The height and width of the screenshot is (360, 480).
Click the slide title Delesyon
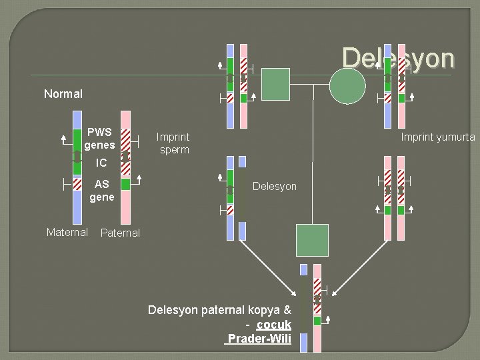pos(398,58)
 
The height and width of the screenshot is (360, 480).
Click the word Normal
pos(63,94)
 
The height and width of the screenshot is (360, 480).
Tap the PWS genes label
pos(100,138)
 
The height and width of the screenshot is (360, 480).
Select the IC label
pos(101,163)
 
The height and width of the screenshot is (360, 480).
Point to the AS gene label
pos(102,191)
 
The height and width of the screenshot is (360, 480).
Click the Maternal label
pos(67,232)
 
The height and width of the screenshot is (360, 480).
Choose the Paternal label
pos(120,233)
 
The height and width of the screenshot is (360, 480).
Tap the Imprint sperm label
pos(173,143)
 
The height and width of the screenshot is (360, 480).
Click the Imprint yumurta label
pos(437,137)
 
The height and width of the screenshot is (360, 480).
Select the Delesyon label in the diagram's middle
pos(275,186)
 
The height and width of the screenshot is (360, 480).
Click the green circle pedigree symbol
pos(348,86)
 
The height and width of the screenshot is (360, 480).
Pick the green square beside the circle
pos(275,83)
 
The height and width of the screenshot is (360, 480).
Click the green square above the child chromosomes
pos(312,240)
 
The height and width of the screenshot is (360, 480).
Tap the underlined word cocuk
pos(273,325)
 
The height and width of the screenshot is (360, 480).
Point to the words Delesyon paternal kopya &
pos(219,310)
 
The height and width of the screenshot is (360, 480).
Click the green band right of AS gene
pos(125,183)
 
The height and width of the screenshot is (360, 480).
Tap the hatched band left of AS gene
pos(77,183)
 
